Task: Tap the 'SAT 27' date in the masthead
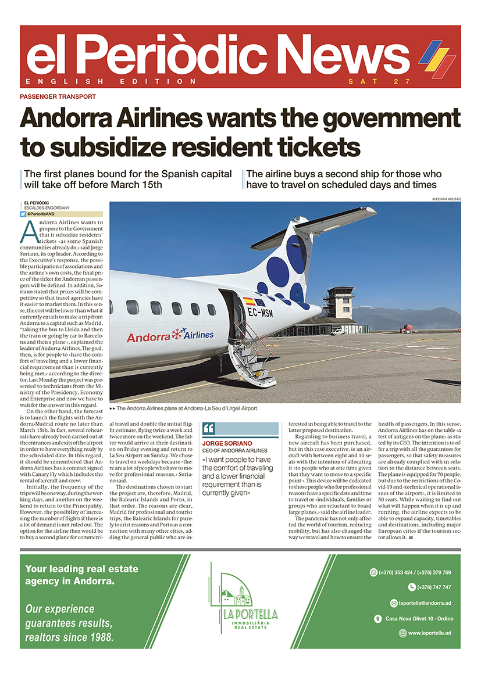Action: pyautogui.click(x=379, y=81)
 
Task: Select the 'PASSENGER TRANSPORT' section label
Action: pyautogui.click(x=58, y=97)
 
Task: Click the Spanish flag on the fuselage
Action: pyautogui.click(x=248, y=301)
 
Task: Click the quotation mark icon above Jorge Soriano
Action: pyautogui.click(x=209, y=429)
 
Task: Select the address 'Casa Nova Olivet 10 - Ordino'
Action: pyautogui.click(x=419, y=618)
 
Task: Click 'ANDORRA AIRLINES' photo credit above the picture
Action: pyautogui.click(x=446, y=199)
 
